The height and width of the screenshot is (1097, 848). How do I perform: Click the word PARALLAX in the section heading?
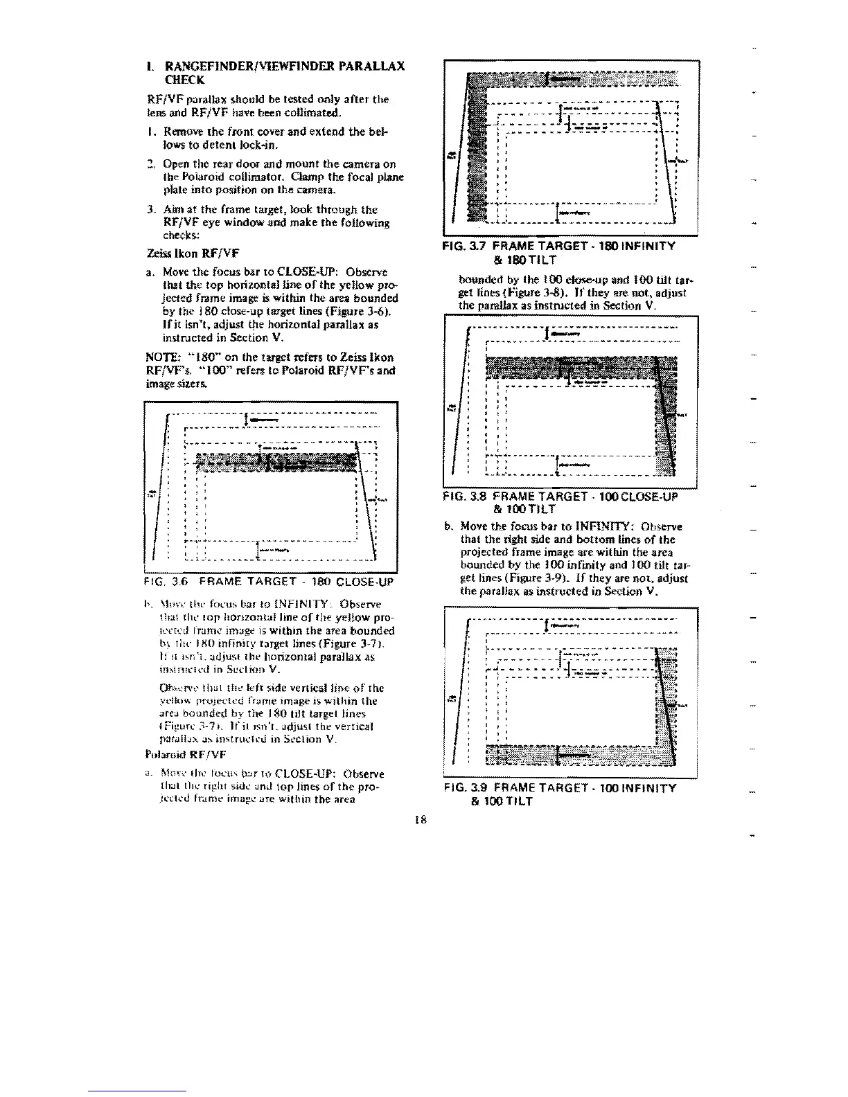click(374, 66)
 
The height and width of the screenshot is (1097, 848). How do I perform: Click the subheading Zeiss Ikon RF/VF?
click(183, 253)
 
